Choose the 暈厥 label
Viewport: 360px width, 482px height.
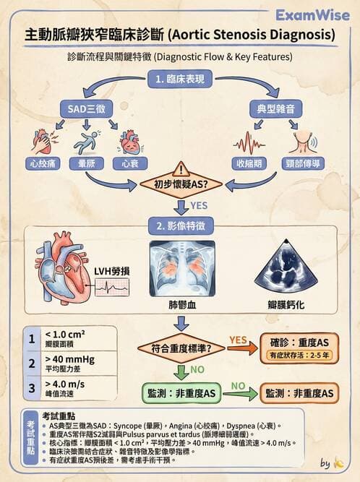point(85,164)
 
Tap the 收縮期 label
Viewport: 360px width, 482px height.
point(247,164)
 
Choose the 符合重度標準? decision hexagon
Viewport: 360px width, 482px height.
point(181,348)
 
